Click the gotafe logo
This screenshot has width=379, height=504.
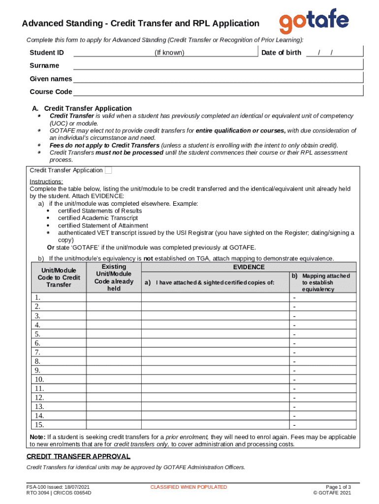coord(314,22)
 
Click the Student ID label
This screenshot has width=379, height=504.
coord(47,53)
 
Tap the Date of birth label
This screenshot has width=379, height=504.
coord(281,53)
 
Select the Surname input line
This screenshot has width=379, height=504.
coord(218,66)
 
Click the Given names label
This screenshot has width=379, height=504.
coord(51,79)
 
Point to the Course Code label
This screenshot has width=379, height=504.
coord(51,92)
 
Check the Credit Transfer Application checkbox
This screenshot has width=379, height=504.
coord(109,170)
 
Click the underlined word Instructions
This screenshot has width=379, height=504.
coord(46,182)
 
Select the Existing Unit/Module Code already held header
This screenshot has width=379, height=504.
coord(114,278)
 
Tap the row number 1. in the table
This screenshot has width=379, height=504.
coord(38,298)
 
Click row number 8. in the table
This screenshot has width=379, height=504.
coord(38,361)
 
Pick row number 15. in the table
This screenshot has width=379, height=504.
coord(39,425)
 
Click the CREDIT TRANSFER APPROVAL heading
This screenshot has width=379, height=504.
coord(78,456)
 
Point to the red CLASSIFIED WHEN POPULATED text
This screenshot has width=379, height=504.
coord(189,487)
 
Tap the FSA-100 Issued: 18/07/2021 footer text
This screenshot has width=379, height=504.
coord(58,487)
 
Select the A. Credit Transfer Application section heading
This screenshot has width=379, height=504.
coord(82,108)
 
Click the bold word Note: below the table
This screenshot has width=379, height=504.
coord(38,437)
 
